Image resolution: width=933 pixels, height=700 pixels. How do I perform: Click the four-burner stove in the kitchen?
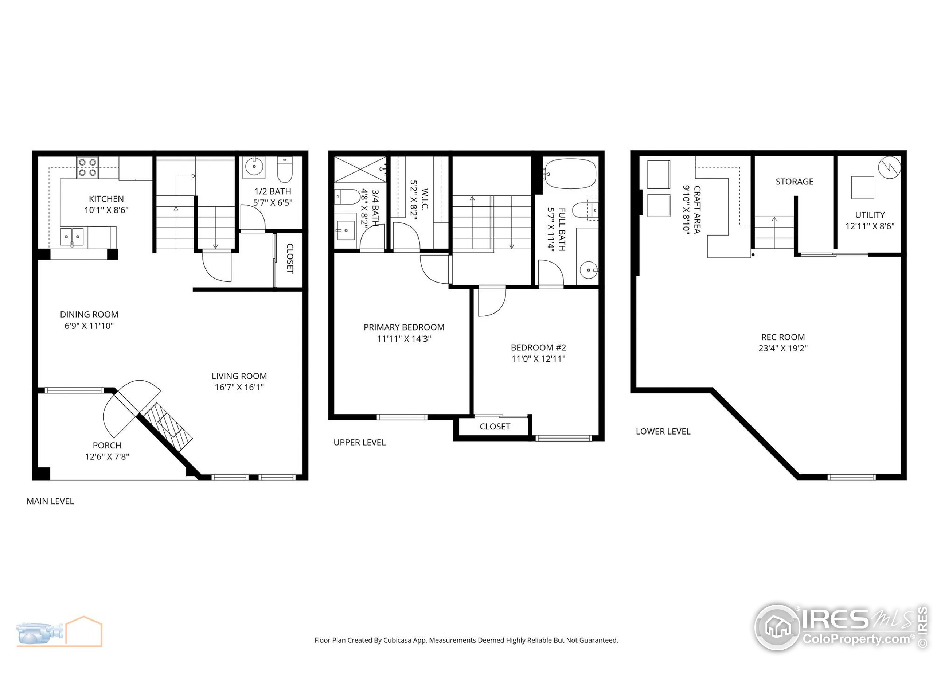(88, 167)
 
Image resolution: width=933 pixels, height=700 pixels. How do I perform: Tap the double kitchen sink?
(72, 237)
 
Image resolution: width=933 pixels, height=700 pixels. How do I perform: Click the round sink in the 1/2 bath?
(254, 167)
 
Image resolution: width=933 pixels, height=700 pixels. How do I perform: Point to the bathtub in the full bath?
(570, 174)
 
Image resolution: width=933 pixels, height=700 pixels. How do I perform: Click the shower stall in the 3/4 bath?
(360, 169)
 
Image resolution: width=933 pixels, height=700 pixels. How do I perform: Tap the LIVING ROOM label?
(239, 376)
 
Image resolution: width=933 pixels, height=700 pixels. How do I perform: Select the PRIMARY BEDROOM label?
(404, 327)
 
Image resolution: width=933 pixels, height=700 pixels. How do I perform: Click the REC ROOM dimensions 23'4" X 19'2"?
(783, 349)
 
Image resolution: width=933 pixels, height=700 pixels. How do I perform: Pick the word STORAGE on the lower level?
(794, 182)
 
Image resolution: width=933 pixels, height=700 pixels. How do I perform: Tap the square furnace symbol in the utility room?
(862, 188)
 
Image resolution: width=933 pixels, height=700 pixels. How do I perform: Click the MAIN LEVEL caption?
(50, 501)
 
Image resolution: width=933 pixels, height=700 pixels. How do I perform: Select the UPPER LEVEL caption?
(359, 443)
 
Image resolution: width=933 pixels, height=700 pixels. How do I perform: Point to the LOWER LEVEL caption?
(663, 432)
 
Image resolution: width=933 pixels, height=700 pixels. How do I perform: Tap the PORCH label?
(107, 446)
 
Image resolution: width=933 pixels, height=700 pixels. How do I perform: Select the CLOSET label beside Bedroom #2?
(495, 427)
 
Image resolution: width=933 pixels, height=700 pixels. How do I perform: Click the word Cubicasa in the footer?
(397, 641)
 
